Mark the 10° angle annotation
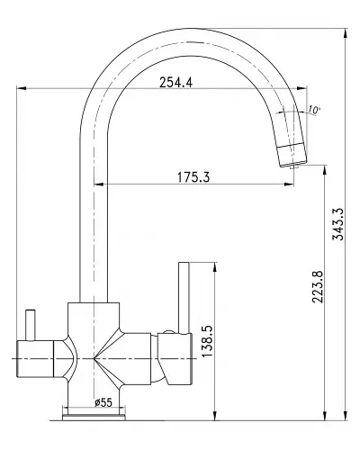[313, 110]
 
